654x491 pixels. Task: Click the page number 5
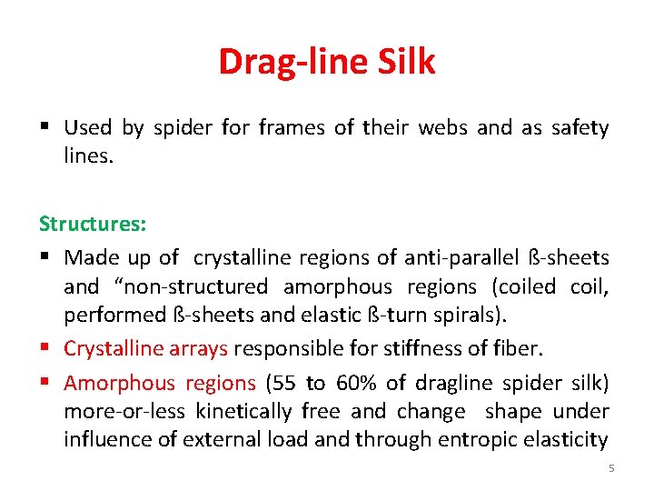click(x=611, y=468)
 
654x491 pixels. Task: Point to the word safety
click(x=580, y=128)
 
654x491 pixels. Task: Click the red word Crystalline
click(x=114, y=349)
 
